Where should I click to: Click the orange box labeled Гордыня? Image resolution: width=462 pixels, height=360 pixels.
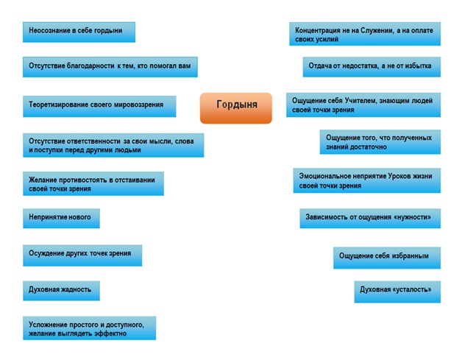click(236, 108)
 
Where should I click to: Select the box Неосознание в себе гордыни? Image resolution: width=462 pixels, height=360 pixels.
click(79, 32)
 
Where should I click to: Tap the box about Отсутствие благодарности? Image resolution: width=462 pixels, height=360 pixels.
click(110, 67)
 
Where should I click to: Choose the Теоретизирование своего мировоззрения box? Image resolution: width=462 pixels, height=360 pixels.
click(99, 106)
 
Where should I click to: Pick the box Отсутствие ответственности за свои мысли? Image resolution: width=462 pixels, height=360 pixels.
click(113, 145)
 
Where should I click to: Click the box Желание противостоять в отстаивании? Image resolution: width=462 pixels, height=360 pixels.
click(93, 183)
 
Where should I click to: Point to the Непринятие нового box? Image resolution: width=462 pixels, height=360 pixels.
click(61, 218)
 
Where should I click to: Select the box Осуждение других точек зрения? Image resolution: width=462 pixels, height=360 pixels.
click(82, 255)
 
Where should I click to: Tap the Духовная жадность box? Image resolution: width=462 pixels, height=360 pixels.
click(61, 291)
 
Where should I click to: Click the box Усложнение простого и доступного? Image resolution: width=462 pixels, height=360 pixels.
click(90, 328)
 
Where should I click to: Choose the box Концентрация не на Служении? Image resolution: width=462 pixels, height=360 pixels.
click(365, 34)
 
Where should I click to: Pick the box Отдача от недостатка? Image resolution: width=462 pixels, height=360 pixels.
click(372, 67)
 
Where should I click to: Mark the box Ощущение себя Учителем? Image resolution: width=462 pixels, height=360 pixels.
click(363, 105)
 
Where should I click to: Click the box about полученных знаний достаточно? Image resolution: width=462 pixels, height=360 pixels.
click(380, 142)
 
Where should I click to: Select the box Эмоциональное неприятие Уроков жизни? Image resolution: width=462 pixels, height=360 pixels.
click(367, 180)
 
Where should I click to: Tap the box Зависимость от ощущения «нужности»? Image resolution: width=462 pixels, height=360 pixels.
click(370, 218)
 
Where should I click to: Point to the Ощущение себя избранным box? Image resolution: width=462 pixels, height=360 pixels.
click(387, 258)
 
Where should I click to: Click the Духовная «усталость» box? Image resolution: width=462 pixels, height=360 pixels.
click(397, 292)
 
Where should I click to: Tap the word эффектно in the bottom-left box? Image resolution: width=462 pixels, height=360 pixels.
click(110, 333)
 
